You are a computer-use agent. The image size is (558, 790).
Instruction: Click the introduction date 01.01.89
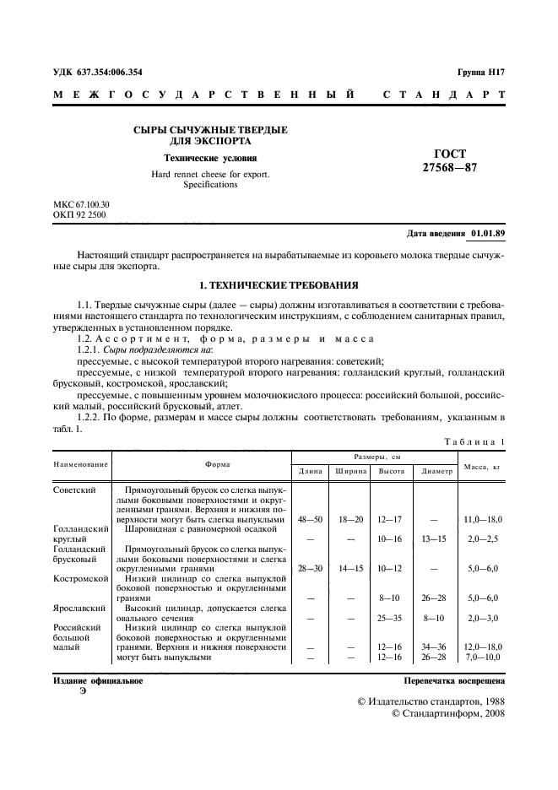pyautogui.click(x=488, y=233)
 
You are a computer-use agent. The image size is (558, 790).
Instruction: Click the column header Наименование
pyautogui.click(x=81, y=464)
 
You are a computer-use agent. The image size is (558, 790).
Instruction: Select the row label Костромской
pyautogui.click(x=81, y=579)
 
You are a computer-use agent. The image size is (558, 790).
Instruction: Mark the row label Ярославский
pyautogui.click(x=80, y=607)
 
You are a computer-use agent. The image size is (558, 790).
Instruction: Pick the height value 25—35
pyautogui.click(x=391, y=618)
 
